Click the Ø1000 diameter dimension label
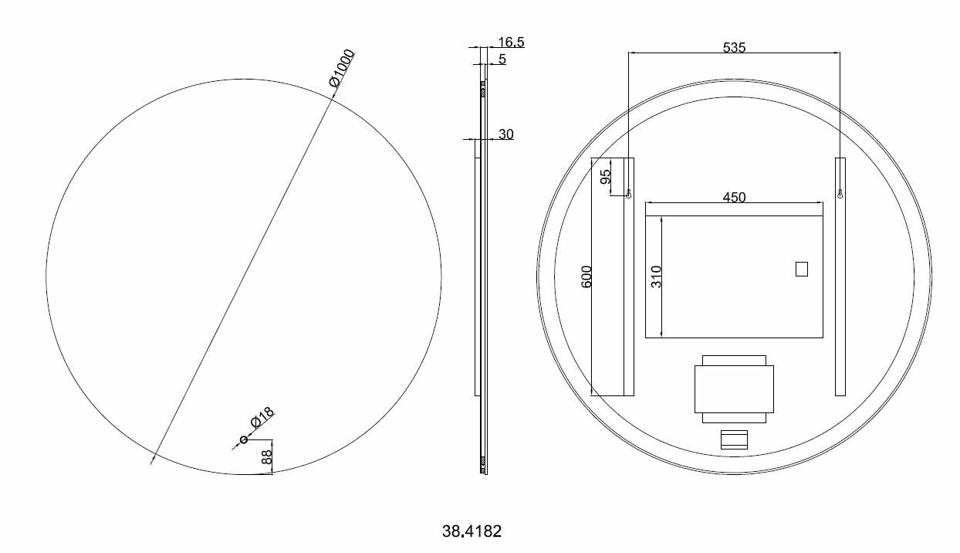click(342, 68)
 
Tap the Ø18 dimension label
click(262, 417)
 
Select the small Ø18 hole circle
click(244, 439)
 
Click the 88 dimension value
click(266, 457)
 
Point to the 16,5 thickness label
click(512, 42)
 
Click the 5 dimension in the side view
click(502, 59)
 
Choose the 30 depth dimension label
click(506, 134)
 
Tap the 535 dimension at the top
click(734, 47)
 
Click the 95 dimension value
click(605, 176)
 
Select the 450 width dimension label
click(734, 197)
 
